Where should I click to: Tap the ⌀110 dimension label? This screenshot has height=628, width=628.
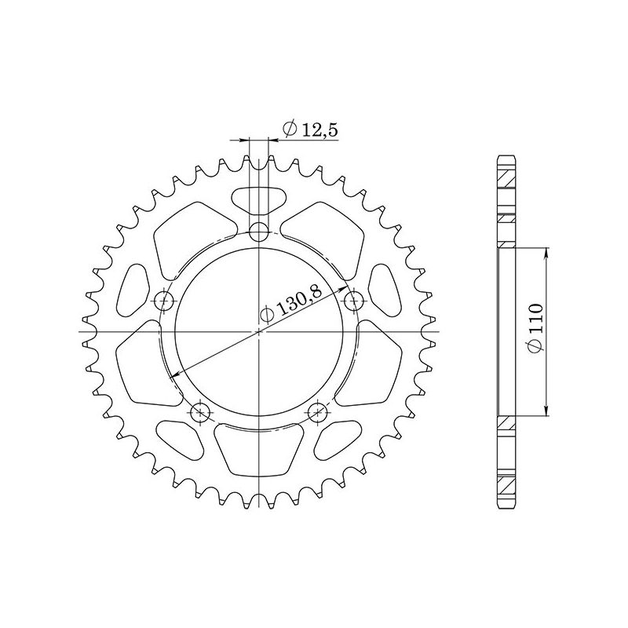pyautogui.click(x=534, y=331)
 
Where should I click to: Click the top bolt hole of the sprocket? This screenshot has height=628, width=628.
pyautogui.click(x=259, y=231)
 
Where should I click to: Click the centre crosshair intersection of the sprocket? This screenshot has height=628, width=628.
pyautogui.click(x=259, y=331)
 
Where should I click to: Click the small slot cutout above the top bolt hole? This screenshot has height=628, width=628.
pyautogui.click(x=259, y=199)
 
